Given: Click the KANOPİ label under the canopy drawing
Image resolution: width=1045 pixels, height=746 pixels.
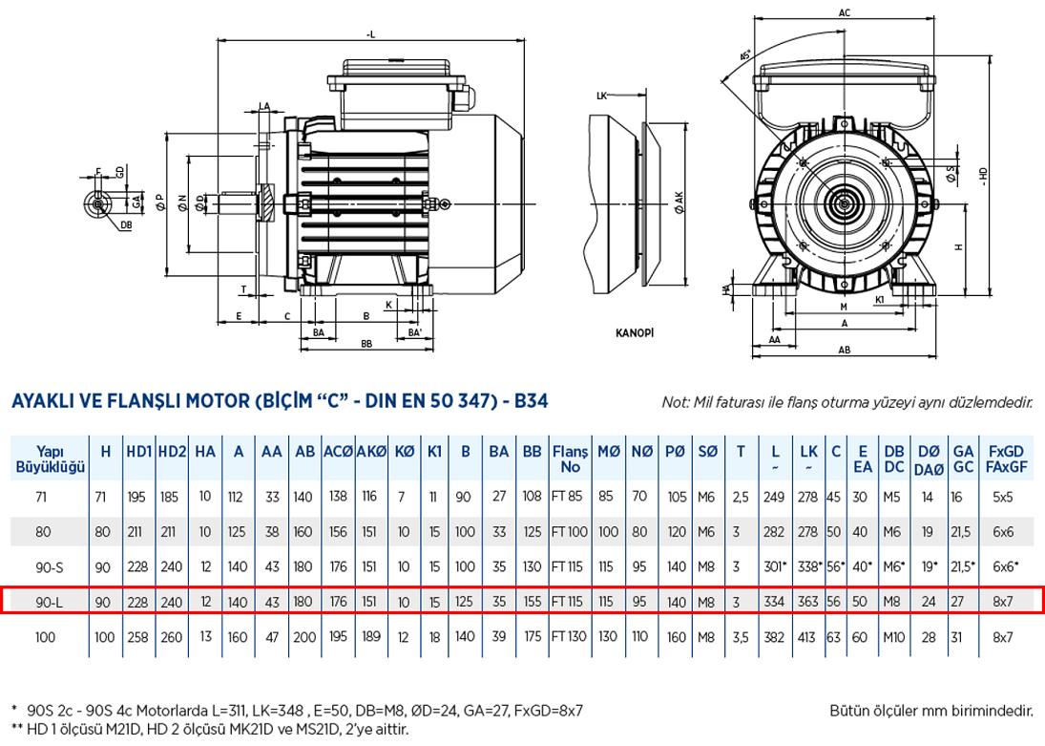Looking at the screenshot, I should coord(634,334).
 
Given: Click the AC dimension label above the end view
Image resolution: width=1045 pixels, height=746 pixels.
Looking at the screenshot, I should coord(844,13).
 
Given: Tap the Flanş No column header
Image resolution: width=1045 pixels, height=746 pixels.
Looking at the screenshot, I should coord(570,460).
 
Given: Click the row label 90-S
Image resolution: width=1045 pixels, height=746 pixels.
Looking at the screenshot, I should coord(50,566).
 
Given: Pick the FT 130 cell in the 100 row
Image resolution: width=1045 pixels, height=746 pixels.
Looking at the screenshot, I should coord(570,636).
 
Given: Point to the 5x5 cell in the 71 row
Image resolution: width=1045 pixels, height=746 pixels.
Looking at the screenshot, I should coord(1002,497).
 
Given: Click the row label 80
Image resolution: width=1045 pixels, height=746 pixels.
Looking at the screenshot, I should coord(50,532).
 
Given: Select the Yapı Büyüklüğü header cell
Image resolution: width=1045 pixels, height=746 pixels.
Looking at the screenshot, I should coord(50,460).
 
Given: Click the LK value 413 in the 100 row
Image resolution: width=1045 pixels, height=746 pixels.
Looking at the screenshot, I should coord(808,636).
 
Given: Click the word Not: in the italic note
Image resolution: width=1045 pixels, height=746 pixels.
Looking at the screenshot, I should coord(676,403).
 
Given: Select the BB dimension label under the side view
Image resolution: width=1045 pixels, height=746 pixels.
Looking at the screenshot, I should coord(366,344).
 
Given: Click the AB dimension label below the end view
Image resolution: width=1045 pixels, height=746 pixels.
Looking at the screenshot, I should coord(844,351).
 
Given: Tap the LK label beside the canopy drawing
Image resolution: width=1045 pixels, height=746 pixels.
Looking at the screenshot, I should coord(601,96).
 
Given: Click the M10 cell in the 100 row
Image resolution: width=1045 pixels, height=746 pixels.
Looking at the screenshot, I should coord(894,636).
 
